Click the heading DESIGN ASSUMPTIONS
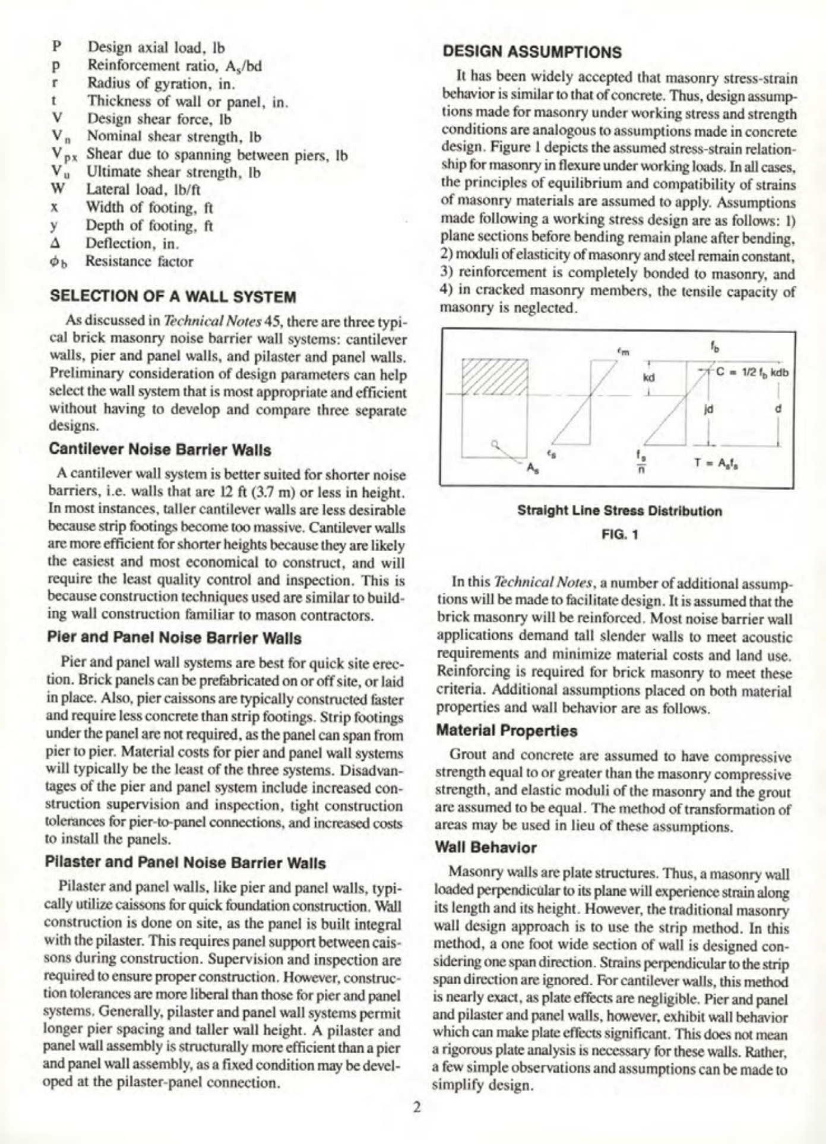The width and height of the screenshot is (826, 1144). coord(532,52)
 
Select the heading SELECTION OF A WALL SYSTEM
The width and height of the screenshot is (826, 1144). coord(173,296)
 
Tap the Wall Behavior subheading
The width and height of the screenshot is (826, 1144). coord(485,847)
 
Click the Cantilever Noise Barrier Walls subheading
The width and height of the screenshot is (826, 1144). coord(160,450)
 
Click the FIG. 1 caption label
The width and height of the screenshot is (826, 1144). coord(619,534)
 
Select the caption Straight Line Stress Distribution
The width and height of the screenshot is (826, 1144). coord(619,511)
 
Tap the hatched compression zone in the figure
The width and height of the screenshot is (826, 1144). coord(495,376)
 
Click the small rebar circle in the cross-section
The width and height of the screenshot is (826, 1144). coord(494,443)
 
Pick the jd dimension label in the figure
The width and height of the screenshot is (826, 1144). coord(708,409)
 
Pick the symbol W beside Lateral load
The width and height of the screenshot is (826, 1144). coord(56,189)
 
